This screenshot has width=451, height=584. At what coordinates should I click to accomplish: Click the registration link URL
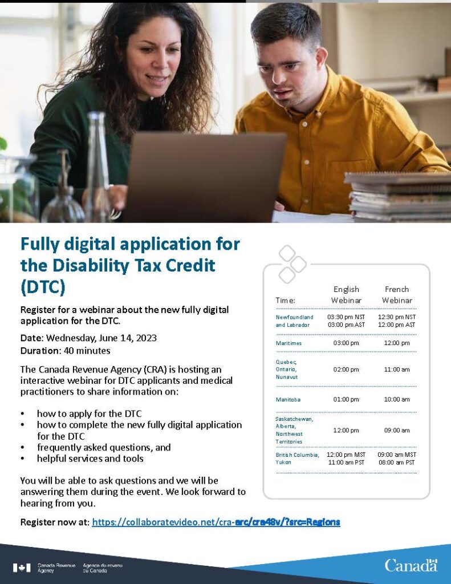tap(216, 522)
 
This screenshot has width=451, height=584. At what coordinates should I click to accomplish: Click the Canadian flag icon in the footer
tap(22, 567)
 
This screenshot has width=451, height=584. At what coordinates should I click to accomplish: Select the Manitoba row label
tap(288, 400)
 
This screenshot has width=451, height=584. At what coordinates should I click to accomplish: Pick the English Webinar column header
tap(346, 295)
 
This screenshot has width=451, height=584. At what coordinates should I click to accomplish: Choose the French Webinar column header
tap(397, 295)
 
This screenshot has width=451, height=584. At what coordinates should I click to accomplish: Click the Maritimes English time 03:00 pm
tap(346, 343)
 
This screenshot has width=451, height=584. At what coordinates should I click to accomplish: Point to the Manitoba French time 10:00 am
tap(397, 400)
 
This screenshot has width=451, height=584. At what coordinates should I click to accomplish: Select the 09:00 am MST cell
tap(397, 455)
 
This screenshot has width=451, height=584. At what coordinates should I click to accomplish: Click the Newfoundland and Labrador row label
tap(294, 321)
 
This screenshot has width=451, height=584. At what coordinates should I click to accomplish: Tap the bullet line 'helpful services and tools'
tap(90, 459)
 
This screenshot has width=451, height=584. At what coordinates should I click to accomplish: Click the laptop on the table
tap(205, 177)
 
